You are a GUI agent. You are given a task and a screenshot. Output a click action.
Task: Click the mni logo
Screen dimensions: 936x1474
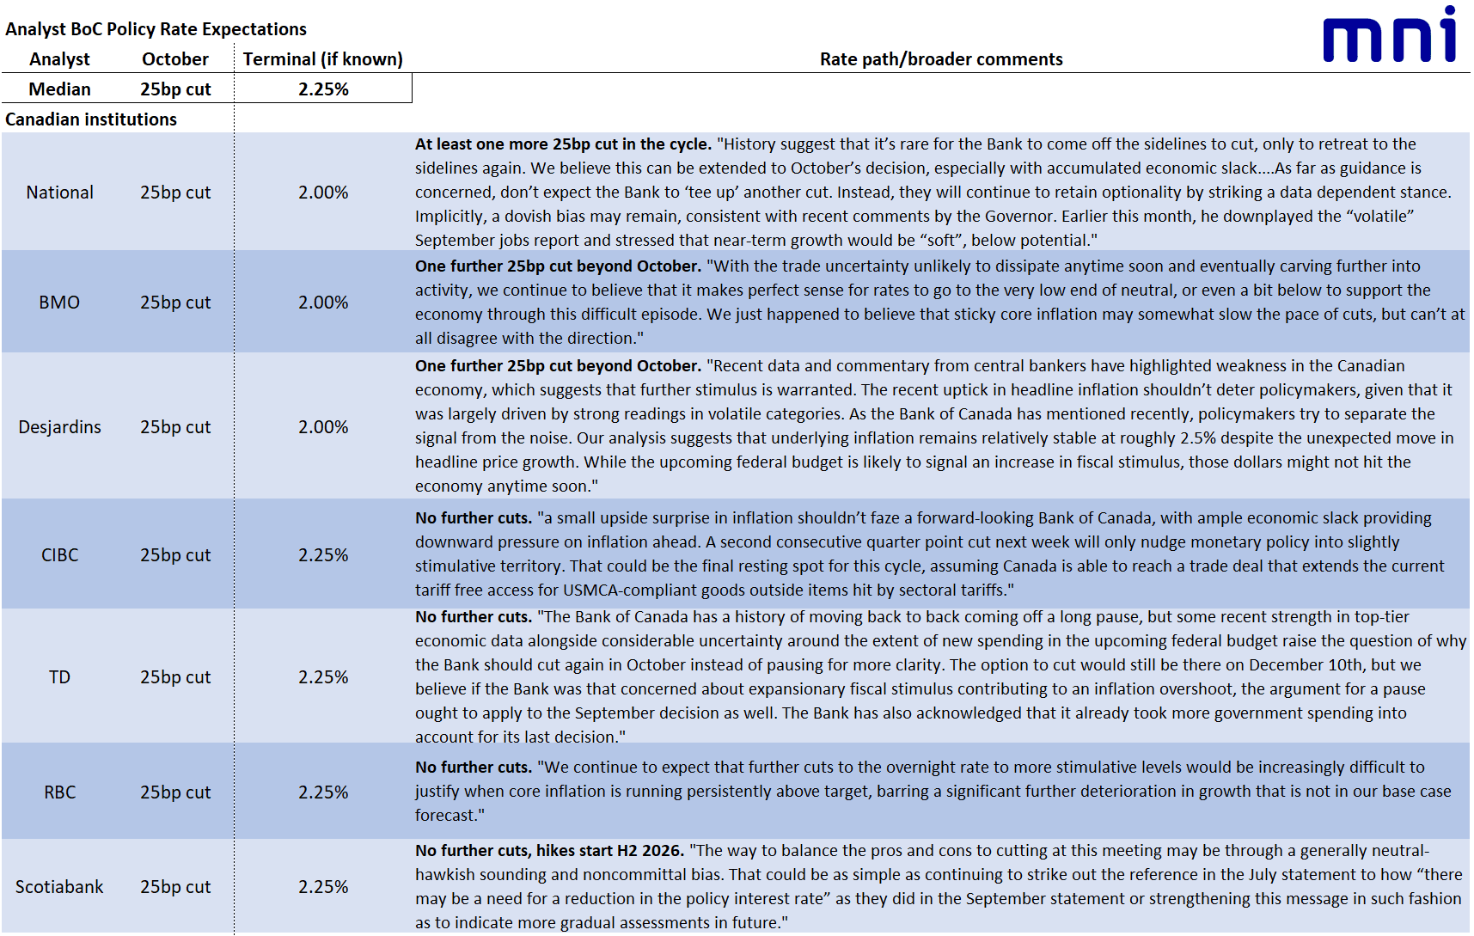tap(1389, 36)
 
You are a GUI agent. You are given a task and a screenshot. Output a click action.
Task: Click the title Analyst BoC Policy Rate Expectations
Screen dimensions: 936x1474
tap(156, 29)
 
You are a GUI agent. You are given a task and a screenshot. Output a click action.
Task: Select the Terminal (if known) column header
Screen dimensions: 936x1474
tap(322, 59)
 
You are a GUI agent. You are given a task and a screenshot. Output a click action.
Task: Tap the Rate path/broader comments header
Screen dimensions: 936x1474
tap(940, 59)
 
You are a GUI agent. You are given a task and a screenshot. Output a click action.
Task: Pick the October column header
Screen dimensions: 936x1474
tap(175, 59)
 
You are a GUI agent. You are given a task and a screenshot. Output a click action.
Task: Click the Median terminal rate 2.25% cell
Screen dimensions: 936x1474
tap(323, 89)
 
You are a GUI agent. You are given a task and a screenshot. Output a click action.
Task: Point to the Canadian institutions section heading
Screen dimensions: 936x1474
tap(91, 119)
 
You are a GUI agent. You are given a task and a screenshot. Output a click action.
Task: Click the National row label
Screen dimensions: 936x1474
tap(59, 193)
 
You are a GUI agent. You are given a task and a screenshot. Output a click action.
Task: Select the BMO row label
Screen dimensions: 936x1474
tap(59, 303)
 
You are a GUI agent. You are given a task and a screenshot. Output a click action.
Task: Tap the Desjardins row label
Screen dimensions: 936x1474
tap(59, 427)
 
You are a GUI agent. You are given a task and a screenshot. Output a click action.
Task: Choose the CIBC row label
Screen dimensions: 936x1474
tap(59, 555)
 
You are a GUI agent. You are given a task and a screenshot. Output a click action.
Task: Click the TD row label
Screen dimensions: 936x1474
tap(59, 677)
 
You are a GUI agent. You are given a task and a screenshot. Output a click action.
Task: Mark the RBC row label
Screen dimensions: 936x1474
tap(59, 792)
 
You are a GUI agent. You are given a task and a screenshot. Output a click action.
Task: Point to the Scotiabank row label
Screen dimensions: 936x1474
tap(59, 887)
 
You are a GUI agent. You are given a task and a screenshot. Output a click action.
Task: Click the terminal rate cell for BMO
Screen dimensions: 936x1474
tap(323, 303)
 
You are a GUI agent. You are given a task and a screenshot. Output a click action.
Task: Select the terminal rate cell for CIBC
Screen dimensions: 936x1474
tap(323, 555)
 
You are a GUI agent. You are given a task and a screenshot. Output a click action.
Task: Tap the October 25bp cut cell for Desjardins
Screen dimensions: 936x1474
tap(175, 427)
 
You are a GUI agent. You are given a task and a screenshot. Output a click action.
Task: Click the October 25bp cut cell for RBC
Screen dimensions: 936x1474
tap(175, 792)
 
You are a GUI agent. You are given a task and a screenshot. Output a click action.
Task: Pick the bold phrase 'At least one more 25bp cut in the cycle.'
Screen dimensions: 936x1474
tap(563, 144)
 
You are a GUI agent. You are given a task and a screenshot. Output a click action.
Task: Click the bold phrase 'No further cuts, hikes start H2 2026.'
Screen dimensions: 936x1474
tap(549, 851)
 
